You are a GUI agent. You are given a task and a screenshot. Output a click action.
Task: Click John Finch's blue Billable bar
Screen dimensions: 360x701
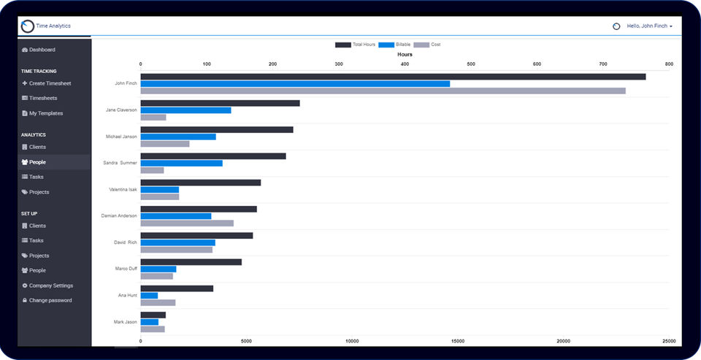[x=295, y=84]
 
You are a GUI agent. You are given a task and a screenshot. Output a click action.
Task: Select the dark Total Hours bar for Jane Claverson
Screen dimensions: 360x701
[x=220, y=103]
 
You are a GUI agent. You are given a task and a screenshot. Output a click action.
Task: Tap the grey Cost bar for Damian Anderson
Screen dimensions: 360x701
[x=187, y=223]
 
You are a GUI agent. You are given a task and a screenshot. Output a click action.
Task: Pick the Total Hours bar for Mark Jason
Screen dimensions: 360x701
[x=153, y=315]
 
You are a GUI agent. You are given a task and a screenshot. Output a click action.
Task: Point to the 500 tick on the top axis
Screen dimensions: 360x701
[x=470, y=64]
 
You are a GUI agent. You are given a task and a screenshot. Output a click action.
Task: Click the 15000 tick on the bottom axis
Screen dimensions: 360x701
[x=458, y=341]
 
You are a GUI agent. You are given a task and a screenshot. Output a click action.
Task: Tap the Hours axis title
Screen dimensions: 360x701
[x=405, y=55]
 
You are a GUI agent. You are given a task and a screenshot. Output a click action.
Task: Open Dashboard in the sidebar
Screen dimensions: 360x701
[x=42, y=50]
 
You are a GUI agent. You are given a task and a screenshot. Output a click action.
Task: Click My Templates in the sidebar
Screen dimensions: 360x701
[x=45, y=113]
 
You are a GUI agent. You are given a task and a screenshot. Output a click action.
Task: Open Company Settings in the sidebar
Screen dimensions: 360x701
[x=50, y=286]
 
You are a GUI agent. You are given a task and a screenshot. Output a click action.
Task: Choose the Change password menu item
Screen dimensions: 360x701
[x=50, y=300]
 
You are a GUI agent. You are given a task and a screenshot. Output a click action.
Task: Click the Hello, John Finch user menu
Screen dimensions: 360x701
[x=647, y=26]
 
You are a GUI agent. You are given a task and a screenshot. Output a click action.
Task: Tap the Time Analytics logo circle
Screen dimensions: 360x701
[x=28, y=26]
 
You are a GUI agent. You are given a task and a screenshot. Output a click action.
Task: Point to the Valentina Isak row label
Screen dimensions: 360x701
[x=123, y=189]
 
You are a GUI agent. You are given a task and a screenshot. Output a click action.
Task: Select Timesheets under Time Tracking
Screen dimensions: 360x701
[x=42, y=98]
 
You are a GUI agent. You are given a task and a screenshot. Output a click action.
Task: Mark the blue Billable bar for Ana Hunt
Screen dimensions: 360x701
[x=149, y=296]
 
